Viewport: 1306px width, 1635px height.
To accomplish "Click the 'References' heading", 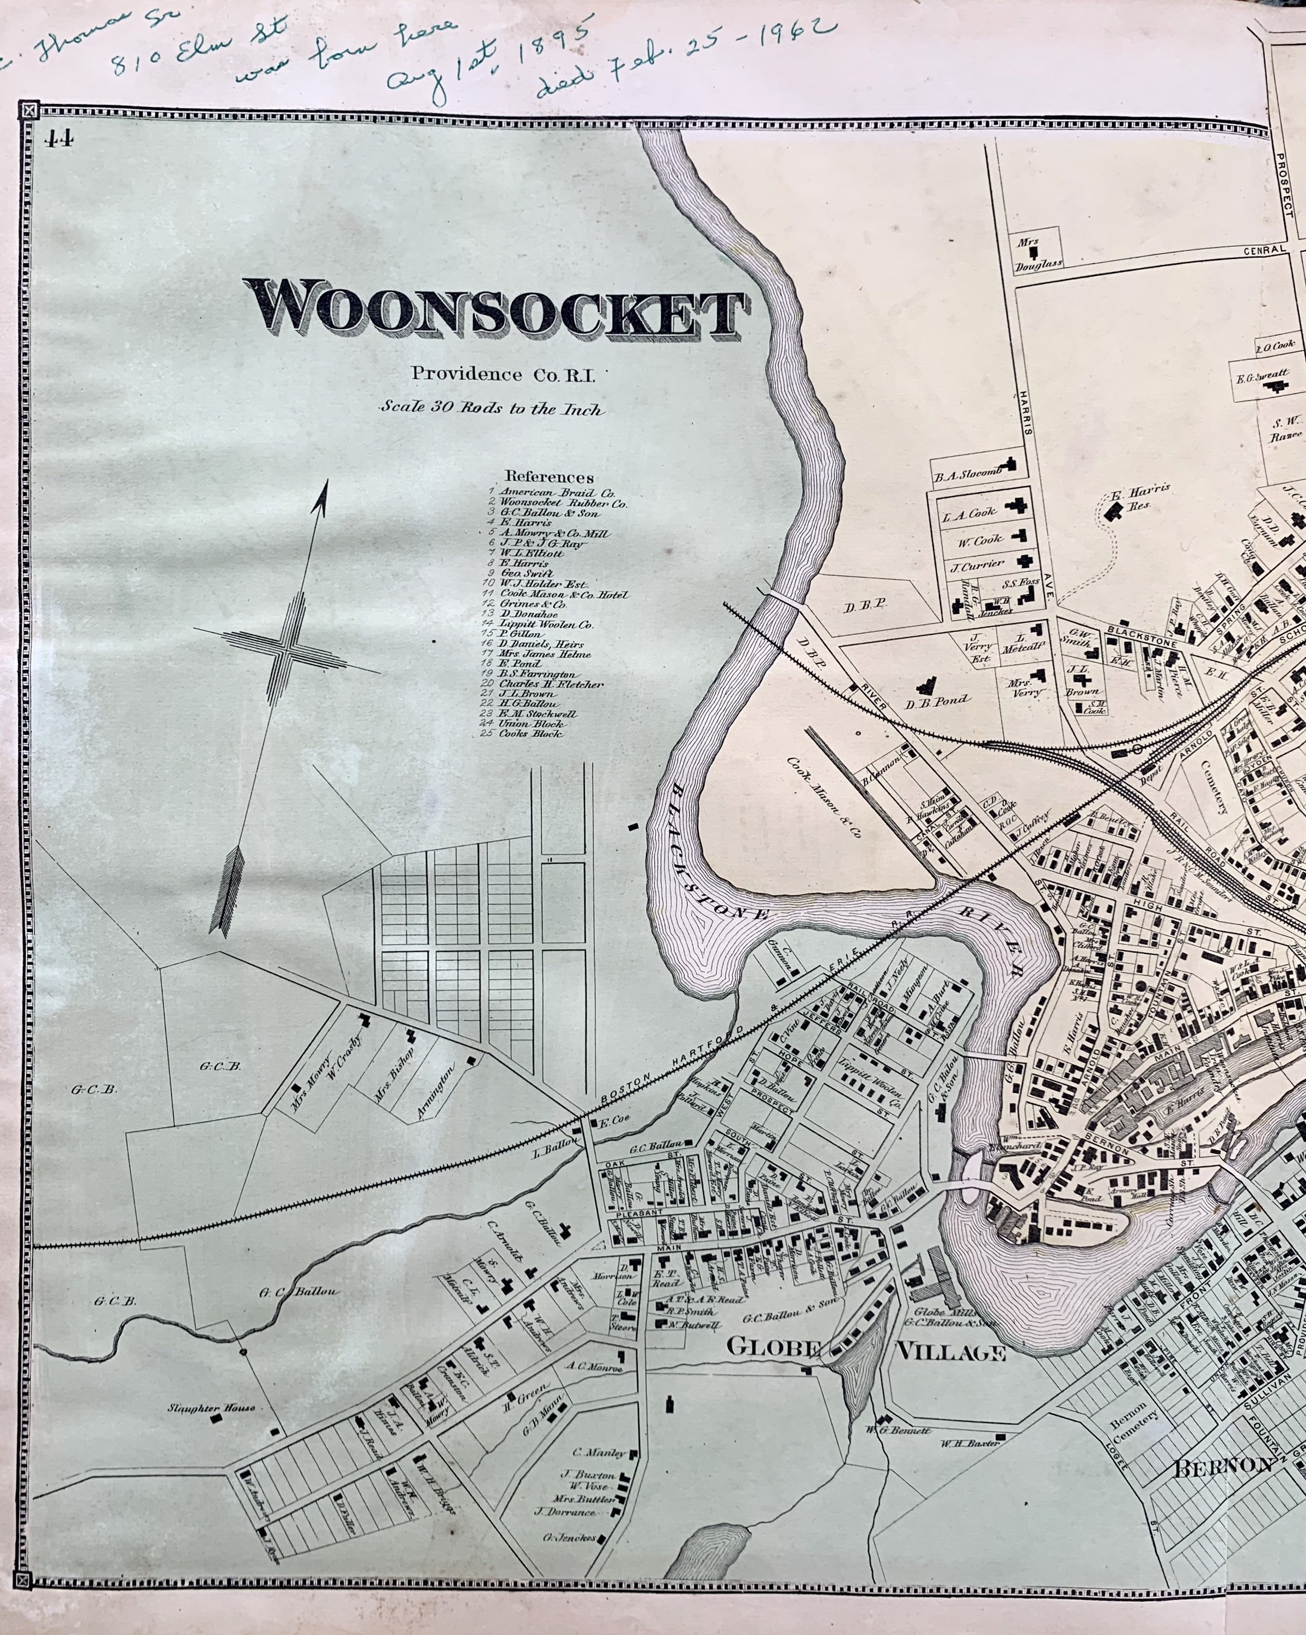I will [550, 477].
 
